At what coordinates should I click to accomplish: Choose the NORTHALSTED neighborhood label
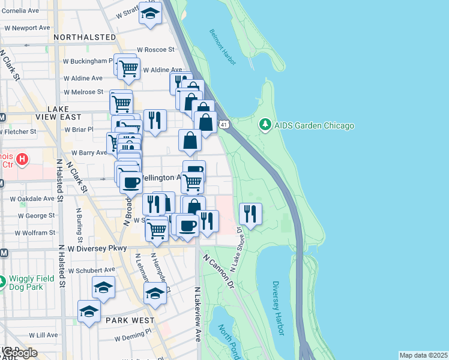[84, 37]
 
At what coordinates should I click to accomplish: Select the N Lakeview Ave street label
[197, 314]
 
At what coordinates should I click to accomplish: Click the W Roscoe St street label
[155, 50]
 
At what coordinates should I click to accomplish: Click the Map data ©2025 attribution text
[423, 355]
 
